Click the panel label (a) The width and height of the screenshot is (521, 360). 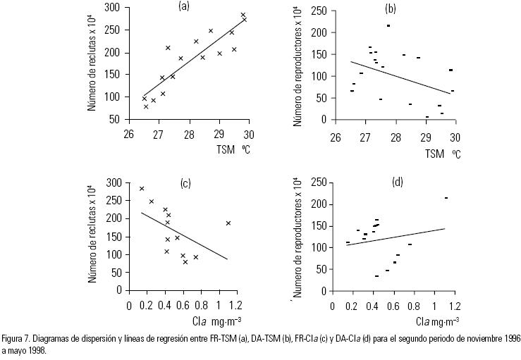(184, 6)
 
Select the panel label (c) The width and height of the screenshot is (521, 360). (186, 184)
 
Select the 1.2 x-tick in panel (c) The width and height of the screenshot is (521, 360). (237, 305)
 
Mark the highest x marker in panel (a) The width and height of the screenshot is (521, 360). (243, 15)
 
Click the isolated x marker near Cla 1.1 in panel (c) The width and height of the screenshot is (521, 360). (228, 223)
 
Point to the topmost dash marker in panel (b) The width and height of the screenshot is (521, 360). (388, 25)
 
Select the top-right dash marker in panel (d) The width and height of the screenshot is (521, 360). (446, 198)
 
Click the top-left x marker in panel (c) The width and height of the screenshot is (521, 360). (142, 189)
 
